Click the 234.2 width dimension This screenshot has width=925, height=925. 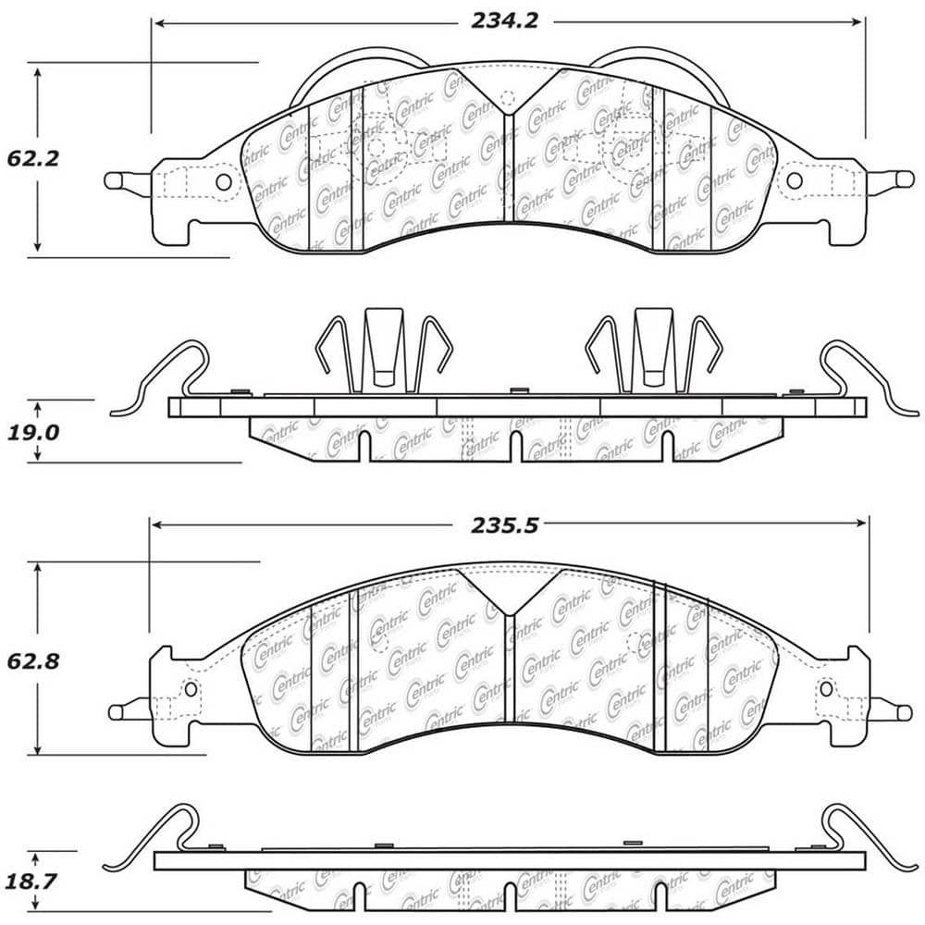(504, 21)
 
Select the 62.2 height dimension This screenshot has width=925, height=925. (32, 158)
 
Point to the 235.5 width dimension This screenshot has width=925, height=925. (504, 524)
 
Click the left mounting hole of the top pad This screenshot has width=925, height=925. (223, 181)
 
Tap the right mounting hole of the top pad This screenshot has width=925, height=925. (794, 181)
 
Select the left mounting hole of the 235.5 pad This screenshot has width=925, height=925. (191, 688)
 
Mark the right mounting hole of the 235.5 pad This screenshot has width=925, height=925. (826, 688)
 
